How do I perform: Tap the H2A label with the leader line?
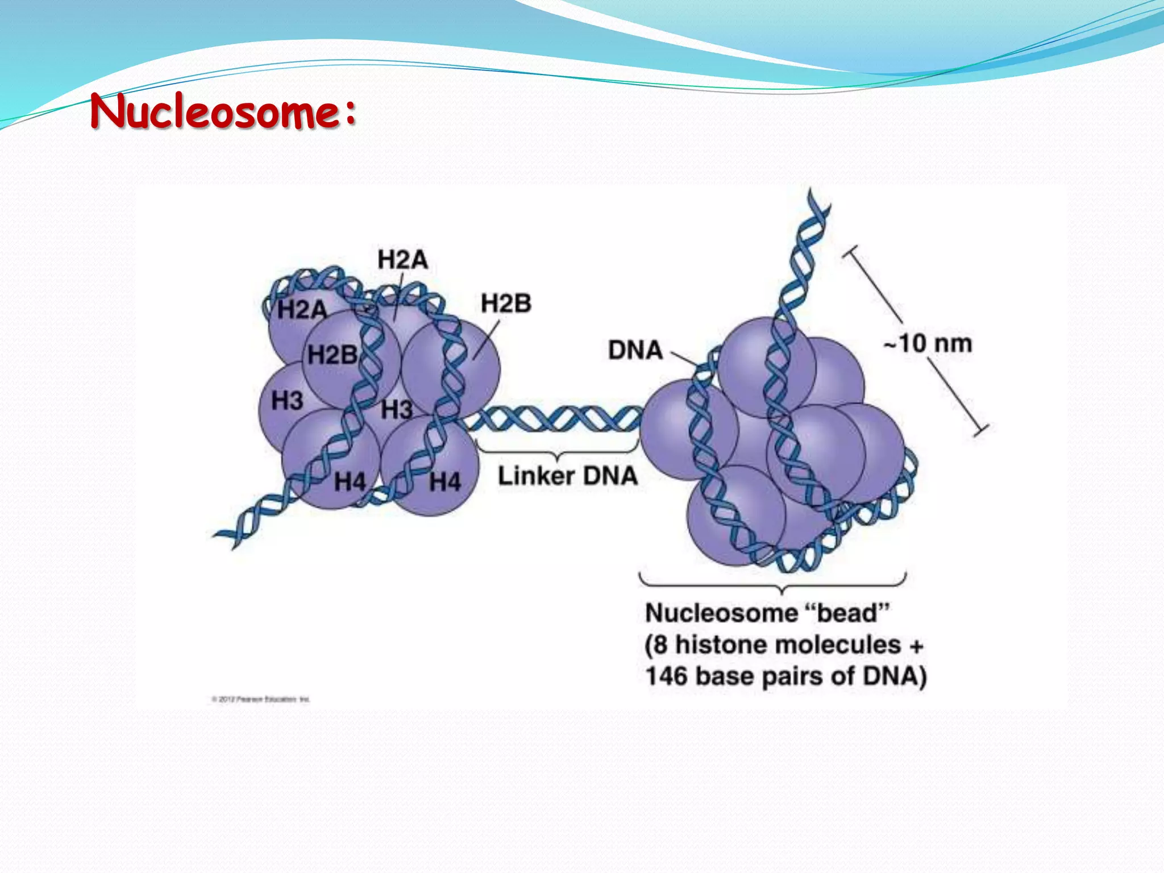point(402,260)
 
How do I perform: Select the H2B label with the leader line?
point(506,304)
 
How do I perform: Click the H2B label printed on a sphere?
point(332,355)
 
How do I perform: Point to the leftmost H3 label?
point(287,401)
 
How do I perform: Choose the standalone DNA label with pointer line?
point(635,350)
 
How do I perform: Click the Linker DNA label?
point(567,476)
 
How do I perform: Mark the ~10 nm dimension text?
point(928,343)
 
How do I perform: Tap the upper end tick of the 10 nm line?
point(851,251)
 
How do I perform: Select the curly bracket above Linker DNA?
point(559,452)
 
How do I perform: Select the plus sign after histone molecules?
point(916,646)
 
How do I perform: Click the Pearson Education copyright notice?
point(261,699)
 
